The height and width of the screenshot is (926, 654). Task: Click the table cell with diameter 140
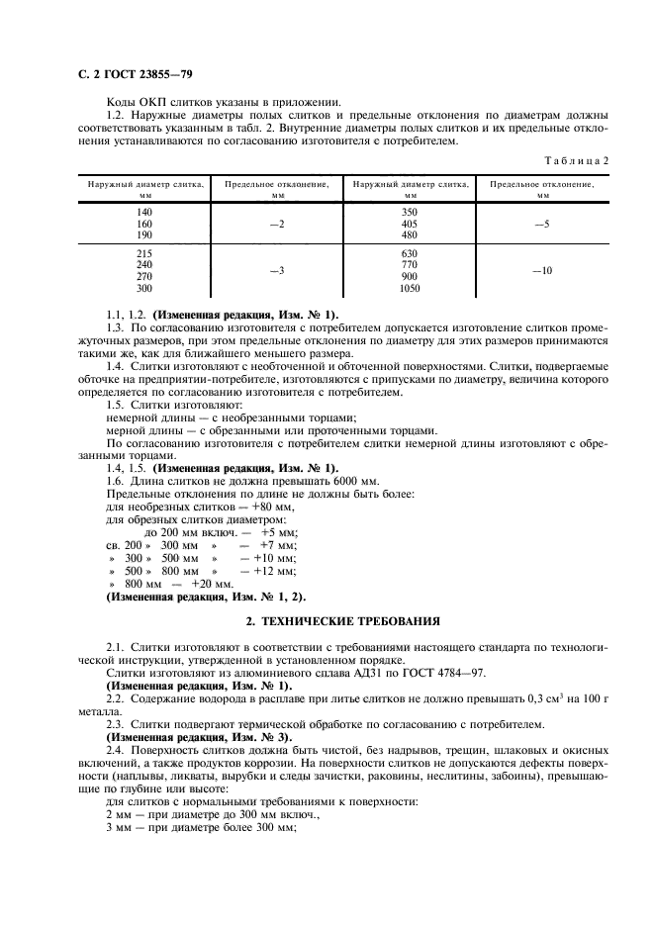144,213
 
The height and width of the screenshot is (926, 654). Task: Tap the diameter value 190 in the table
144,235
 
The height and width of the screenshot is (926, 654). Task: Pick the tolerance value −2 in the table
277,225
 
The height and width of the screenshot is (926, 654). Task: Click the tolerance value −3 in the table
277,270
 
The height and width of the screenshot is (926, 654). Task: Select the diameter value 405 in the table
410,225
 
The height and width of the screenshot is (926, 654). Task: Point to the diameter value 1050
410,289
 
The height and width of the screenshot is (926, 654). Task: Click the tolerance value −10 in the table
542,270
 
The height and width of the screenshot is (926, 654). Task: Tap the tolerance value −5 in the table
542,225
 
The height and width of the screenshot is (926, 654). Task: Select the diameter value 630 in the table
410,253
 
